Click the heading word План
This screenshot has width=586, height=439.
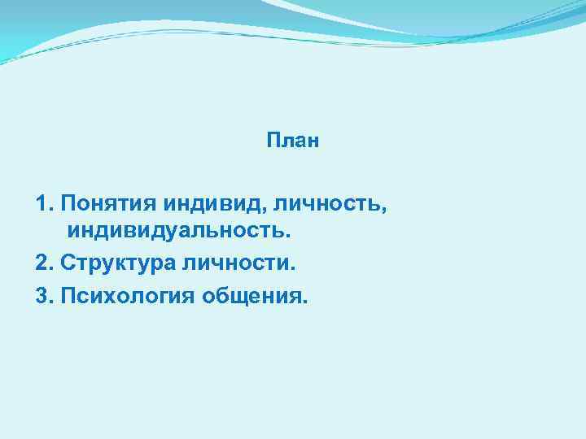coord(293,141)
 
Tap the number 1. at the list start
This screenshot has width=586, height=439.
coord(45,202)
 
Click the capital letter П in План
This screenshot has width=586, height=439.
coord(273,141)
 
